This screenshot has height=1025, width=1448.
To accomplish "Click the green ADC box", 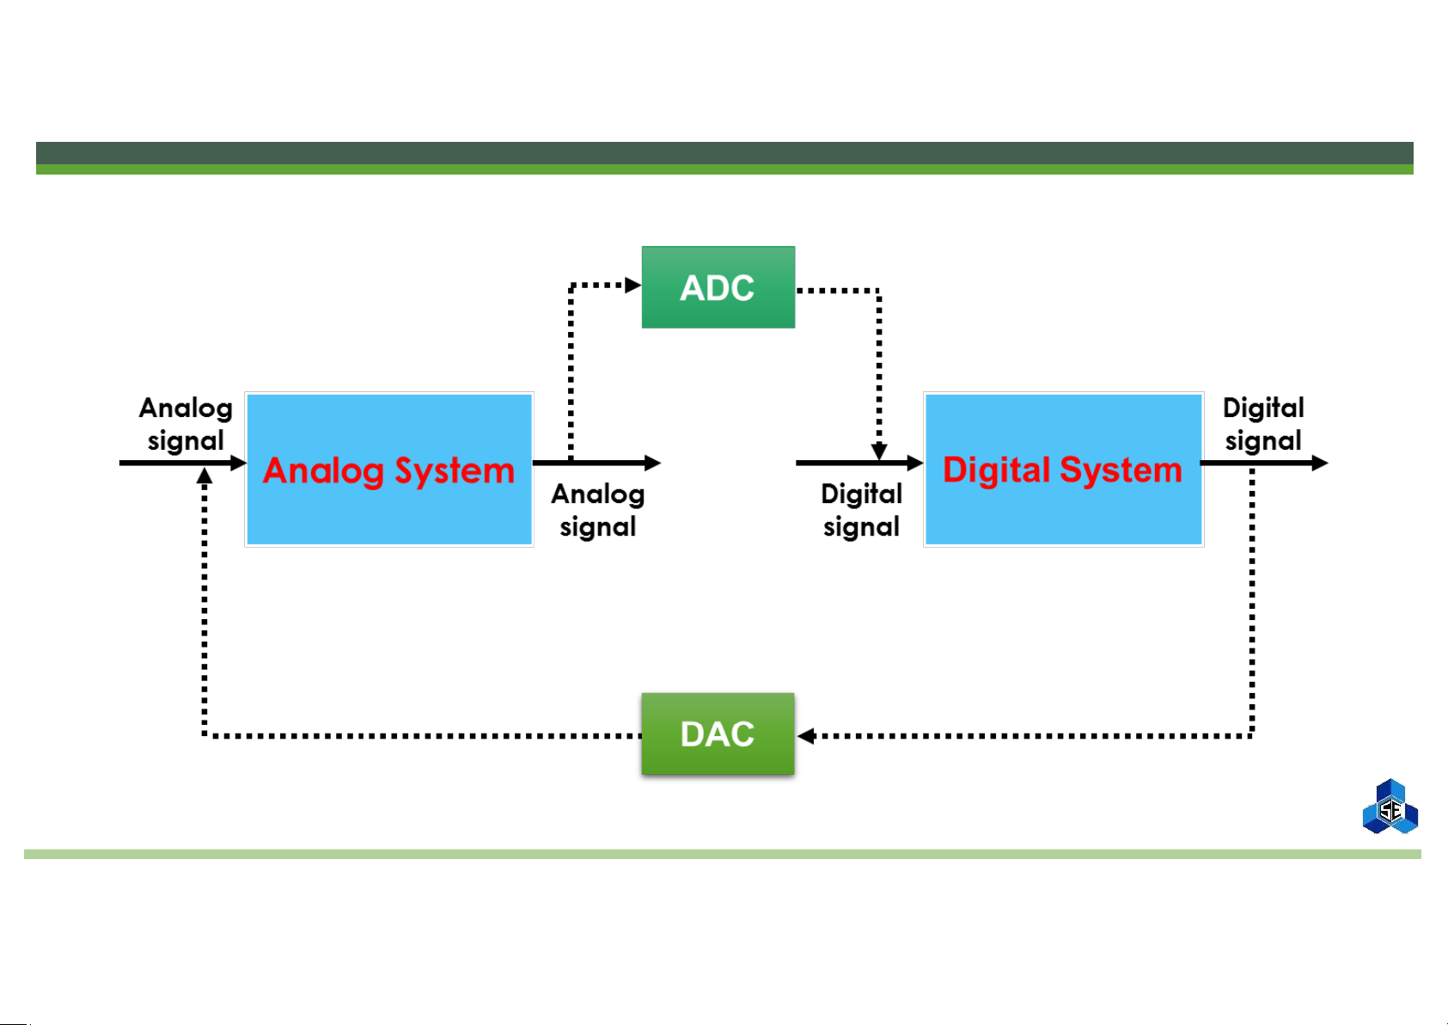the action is (x=718, y=287).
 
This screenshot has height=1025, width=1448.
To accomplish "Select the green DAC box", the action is (x=718, y=734).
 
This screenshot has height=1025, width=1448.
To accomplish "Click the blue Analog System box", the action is (x=389, y=470).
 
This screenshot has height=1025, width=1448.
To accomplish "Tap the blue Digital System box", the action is (x=1063, y=470).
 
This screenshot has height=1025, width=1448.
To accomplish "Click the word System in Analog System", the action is (x=455, y=471).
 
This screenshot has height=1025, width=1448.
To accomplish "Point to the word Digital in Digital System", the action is (x=996, y=470).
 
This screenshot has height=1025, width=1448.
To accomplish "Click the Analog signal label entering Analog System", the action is (x=186, y=424).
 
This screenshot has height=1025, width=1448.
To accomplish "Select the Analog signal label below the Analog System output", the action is (x=598, y=510).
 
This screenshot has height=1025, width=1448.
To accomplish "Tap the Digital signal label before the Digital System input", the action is (x=862, y=510).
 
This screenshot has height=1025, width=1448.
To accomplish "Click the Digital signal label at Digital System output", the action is (x=1263, y=424).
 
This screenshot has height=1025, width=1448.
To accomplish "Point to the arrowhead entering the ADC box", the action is (x=632, y=285).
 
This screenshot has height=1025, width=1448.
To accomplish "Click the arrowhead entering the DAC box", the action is (x=805, y=736).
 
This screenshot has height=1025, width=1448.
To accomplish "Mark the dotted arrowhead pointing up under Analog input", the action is (x=205, y=476).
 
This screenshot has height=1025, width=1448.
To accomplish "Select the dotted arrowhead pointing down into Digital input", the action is (x=879, y=451).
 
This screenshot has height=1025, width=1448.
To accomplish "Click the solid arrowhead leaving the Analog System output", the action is (x=653, y=463).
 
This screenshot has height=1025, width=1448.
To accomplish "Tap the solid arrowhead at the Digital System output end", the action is (x=1320, y=463).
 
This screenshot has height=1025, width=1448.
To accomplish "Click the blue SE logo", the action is (x=1390, y=807).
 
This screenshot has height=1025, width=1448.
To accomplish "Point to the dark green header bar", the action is (x=724, y=153).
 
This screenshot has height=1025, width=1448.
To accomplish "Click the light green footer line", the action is (x=723, y=854).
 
